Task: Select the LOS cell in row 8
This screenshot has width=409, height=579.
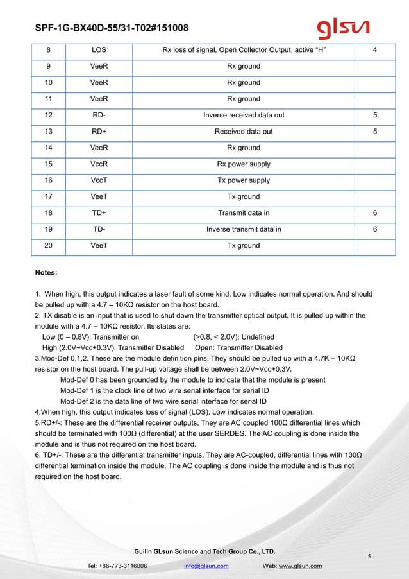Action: point(99,49)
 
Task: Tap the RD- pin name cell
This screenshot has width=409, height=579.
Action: point(99,115)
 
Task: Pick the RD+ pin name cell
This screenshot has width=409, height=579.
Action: point(99,132)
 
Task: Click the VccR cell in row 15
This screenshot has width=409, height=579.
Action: point(99,164)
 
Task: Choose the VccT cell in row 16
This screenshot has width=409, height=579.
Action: point(99,180)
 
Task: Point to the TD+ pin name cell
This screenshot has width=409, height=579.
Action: point(99,213)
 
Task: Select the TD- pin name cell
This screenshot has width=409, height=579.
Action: point(99,229)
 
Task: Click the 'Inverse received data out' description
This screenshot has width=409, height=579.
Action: point(244,115)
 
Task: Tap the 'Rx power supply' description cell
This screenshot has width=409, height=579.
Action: point(244,164)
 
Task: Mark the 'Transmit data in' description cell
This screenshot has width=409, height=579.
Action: point(244,213)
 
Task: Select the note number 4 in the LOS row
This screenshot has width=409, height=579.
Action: point(374,49)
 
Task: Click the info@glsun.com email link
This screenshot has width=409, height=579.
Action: point(206,566)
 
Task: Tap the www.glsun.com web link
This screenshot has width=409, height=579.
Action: point(300,566)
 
